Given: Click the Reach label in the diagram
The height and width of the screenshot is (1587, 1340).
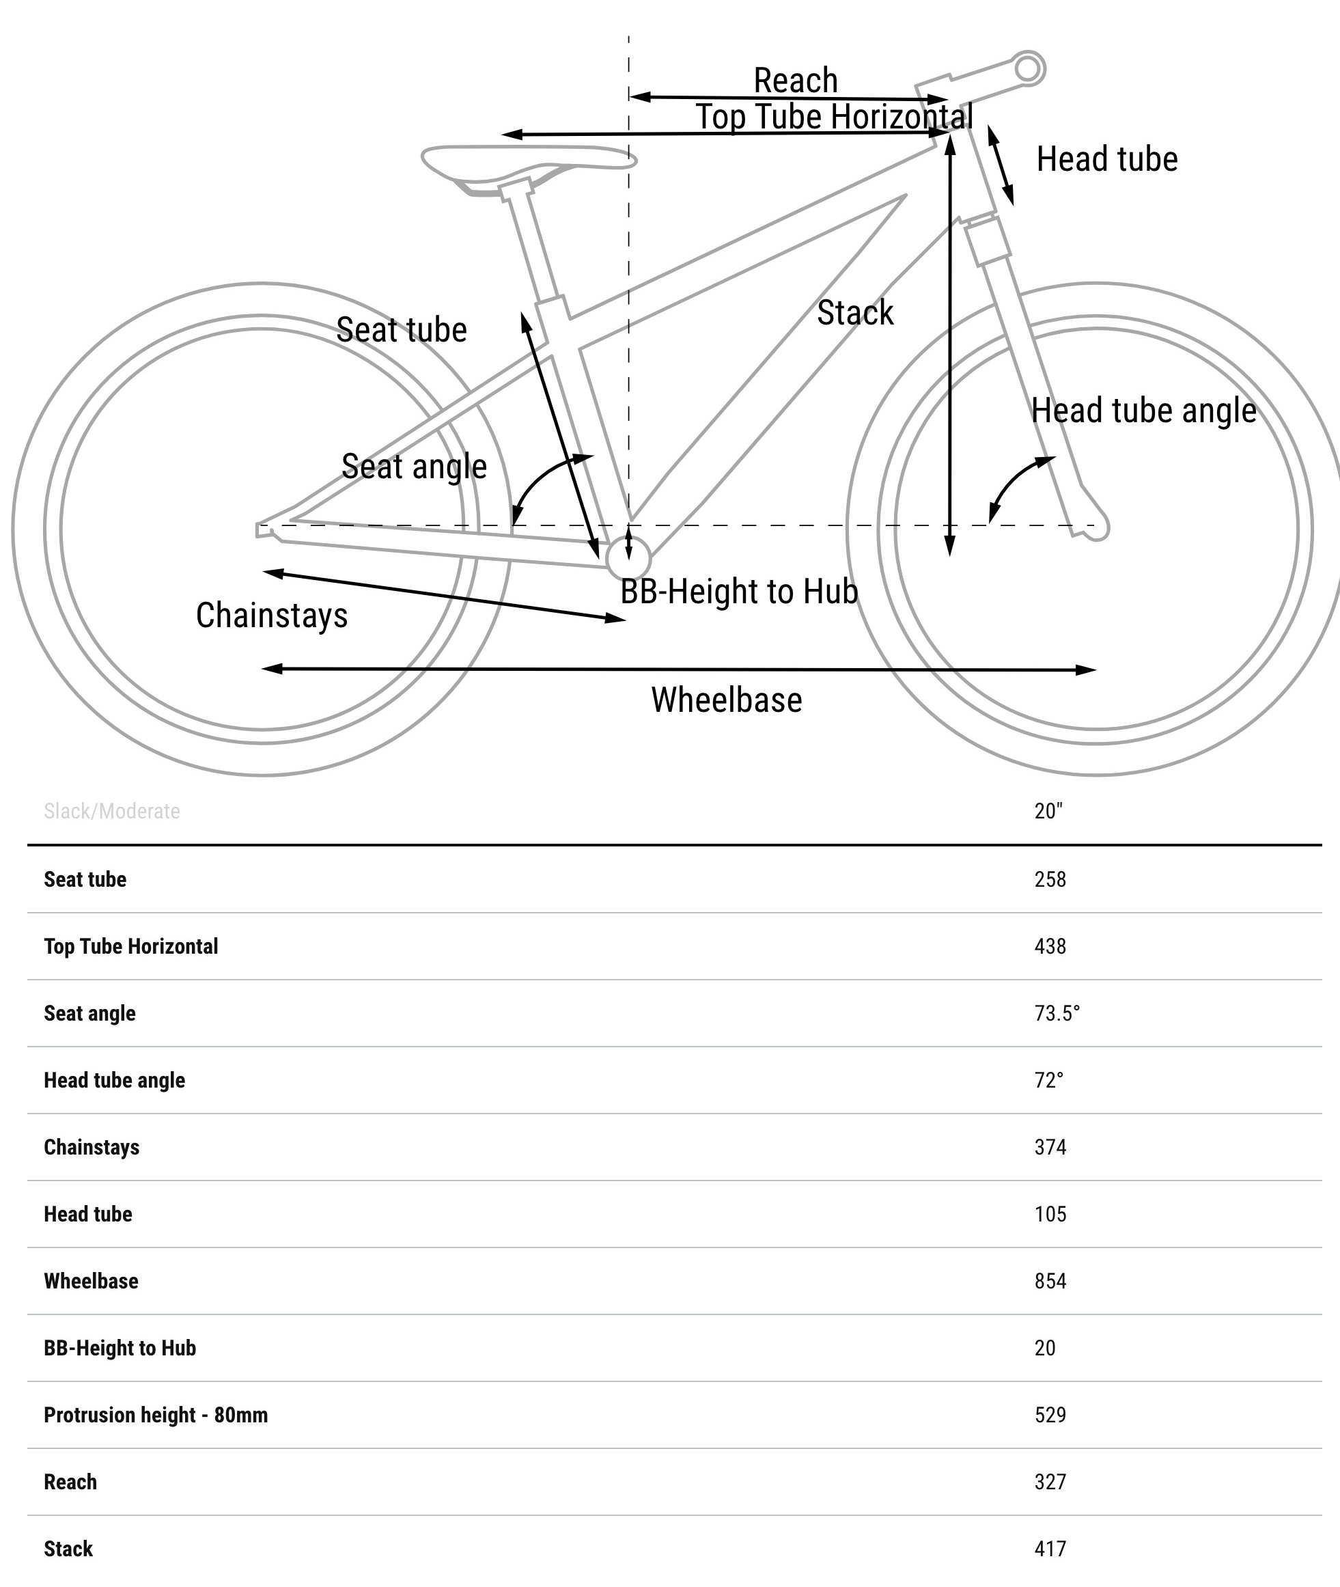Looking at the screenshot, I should point(796,81).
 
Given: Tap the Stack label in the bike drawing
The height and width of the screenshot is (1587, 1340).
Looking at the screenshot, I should point(854,313).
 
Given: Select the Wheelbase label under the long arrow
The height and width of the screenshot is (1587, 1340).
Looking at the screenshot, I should point(726,700).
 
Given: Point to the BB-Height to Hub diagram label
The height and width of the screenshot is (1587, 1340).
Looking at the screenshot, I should point(738,591).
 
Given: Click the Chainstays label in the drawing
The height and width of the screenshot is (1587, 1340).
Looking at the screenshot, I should point(271,616).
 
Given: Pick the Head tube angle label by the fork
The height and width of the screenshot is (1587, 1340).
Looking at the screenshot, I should point(1143,411).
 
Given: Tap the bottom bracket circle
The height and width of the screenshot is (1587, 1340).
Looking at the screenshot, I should point(628,558).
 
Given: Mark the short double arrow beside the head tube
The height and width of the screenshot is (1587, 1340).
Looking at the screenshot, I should point(1001,165).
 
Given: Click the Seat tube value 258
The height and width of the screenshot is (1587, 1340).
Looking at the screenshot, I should point(1050,880).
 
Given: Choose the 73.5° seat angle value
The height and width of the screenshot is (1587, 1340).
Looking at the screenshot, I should point(1057,1013).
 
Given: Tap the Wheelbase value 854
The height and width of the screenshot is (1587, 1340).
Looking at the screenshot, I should point(1050,1281).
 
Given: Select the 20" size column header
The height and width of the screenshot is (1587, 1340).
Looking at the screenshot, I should point(1048,812).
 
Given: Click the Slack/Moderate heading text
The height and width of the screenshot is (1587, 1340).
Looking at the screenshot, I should point(112,812).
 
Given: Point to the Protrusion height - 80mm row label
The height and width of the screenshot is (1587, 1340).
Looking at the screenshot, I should point(156,1415).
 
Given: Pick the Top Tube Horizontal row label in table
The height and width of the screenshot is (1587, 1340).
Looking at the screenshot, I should point(130,947).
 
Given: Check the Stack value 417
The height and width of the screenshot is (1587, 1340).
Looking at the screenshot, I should point(1050,1548).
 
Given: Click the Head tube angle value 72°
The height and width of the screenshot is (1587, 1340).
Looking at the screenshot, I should point(1048,1080).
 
